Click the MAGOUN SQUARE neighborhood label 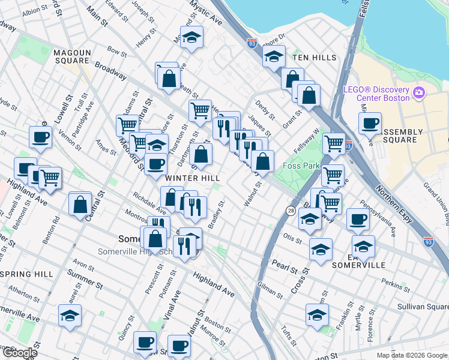(71, 56)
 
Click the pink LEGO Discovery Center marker (418, 93)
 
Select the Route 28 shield (291, 211)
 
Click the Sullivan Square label (423, 306)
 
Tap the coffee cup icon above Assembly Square (370, 123)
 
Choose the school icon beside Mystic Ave (191, 38)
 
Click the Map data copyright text (411, 355)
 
